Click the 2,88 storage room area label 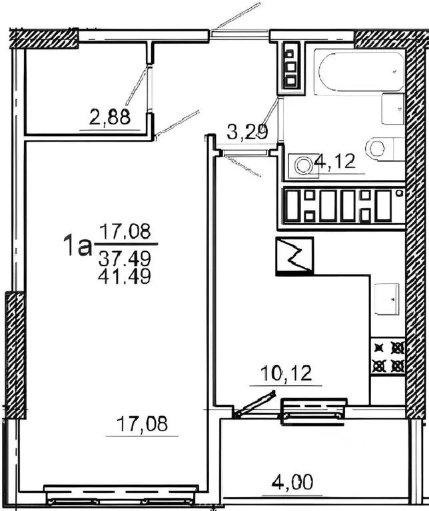coord(110,117)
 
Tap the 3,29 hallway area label coord(247,132)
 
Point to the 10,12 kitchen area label coord(286,374)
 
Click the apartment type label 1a coord(77,247)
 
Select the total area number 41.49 coord(125,276)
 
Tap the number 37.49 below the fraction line coord(125,259)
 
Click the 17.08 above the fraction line coord(125,231)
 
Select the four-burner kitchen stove coord(388,357)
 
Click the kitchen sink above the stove coord(386,299)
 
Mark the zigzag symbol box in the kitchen coord(294,256)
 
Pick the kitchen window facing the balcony coord(314,412)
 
